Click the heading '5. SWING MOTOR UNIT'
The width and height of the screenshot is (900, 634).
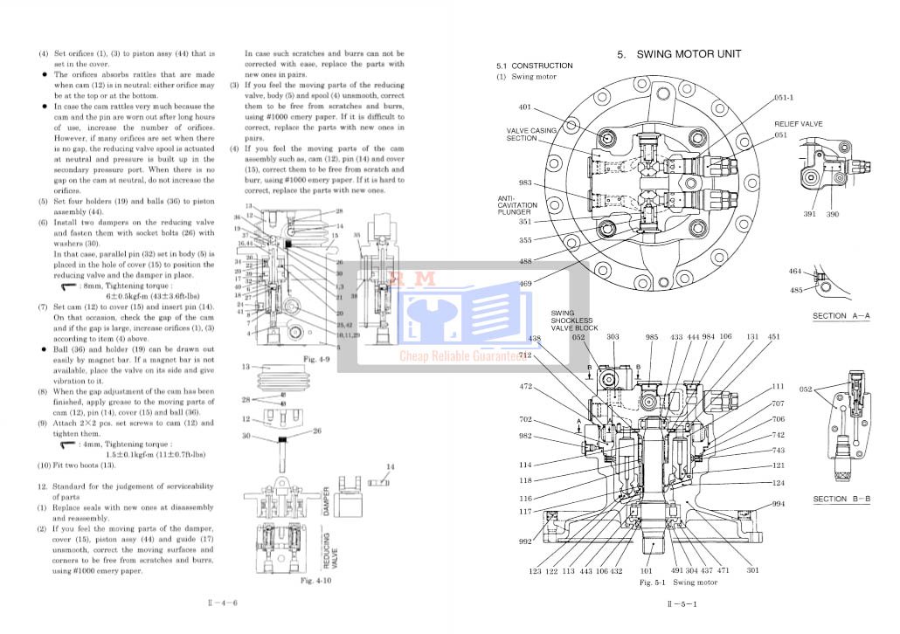(x=679, y=54)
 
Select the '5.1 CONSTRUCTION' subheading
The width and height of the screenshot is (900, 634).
(x=534, y=66)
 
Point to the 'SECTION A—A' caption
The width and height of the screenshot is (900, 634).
(x=841, y=316)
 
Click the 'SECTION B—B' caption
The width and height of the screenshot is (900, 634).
(x=841, y=500)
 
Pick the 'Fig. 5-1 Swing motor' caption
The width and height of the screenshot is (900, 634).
(x=678, y=582)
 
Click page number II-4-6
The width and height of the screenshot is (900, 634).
(x=223, y=603)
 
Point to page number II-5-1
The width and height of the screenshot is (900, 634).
(x=681, y=603)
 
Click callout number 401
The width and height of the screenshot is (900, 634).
(x=524, y=108)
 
